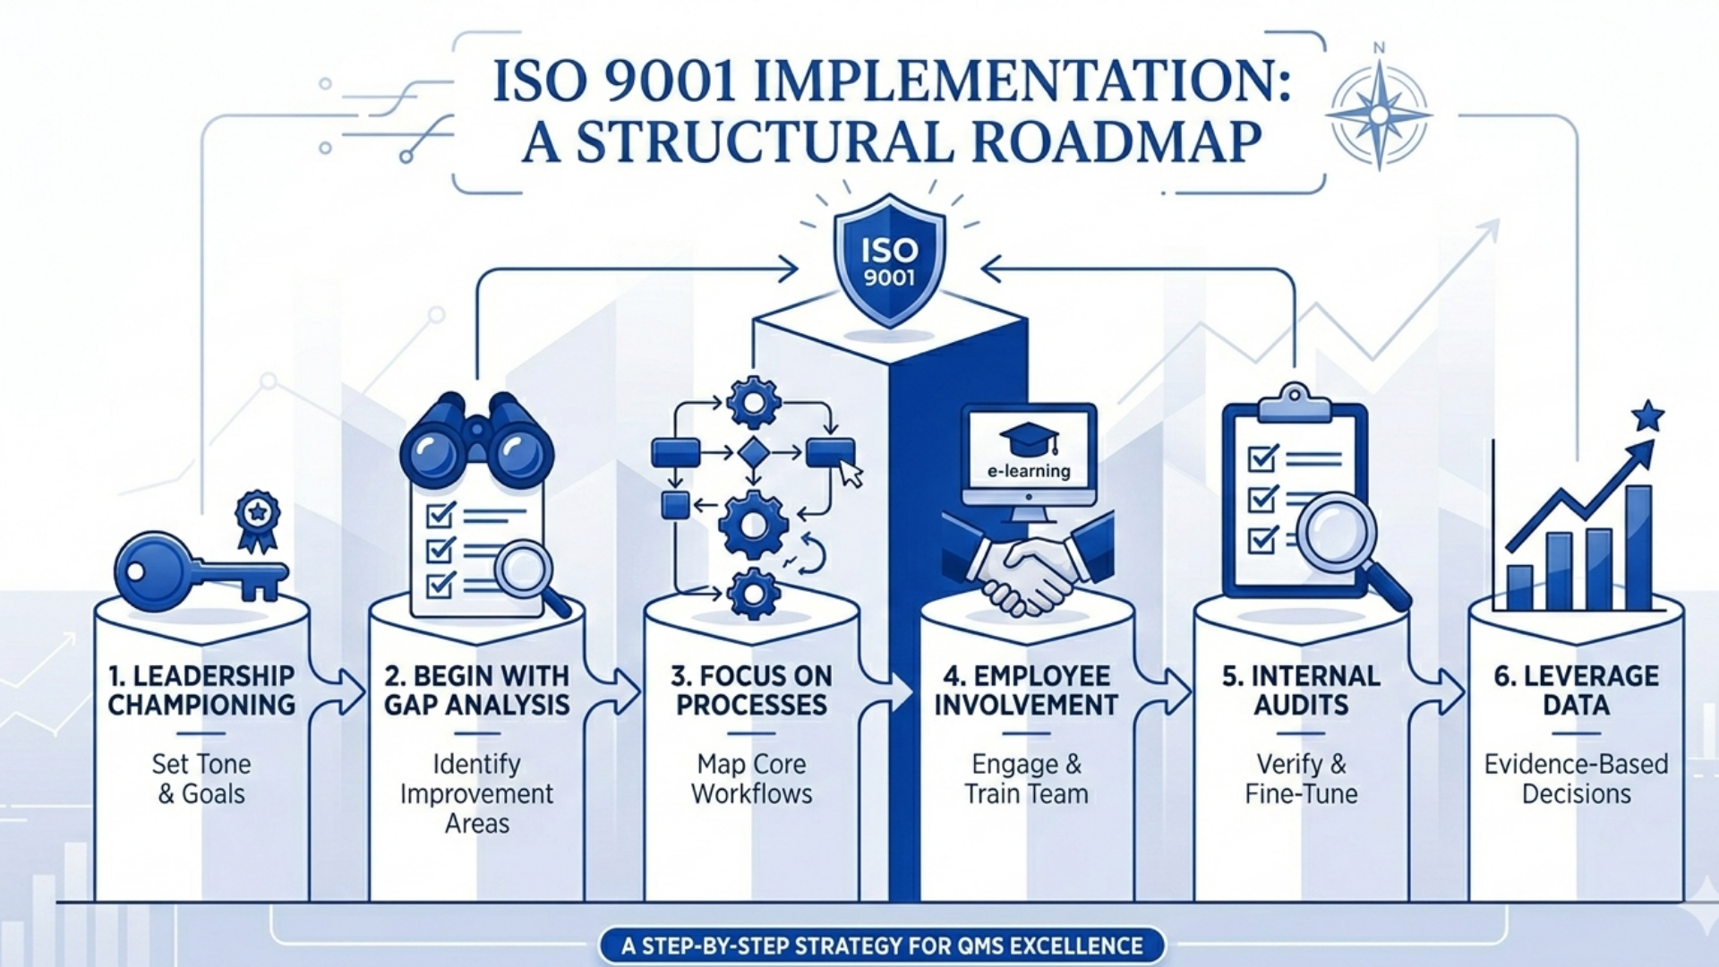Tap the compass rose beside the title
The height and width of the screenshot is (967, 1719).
1379,115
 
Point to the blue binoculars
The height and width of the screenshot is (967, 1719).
476,443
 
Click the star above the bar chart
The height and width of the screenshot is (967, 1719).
1647,416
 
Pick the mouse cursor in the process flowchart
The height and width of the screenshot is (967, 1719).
850,474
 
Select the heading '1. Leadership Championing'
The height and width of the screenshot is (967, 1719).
201,690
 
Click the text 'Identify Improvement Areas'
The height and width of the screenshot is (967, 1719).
476,793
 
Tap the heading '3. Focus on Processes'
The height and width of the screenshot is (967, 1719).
751,690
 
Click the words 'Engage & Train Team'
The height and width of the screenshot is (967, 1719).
1026,779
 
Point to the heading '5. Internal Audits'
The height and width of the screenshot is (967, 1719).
1301,690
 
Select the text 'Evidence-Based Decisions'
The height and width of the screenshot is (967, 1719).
1576,779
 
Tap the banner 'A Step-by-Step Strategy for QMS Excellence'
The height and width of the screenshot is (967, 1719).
882,946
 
